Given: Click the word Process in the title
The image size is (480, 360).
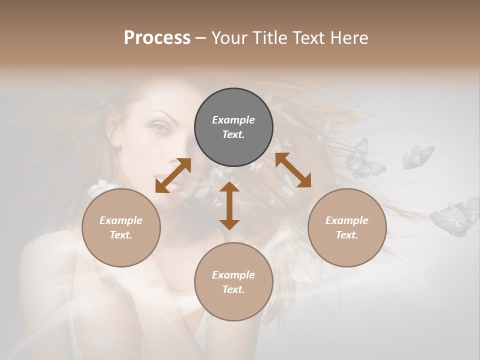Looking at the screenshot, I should [x=157, y=38].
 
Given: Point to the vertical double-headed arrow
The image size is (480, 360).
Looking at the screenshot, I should [x=229, y=205].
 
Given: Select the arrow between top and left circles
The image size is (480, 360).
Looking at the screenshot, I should [x=173, y=175].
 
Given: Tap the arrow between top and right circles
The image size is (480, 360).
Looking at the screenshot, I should [x=293, y=170].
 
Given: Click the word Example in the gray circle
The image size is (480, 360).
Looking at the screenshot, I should [x=233, y=120].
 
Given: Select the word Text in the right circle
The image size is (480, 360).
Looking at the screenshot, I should [x=347, y=235].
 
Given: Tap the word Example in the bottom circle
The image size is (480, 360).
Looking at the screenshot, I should [x=233, y=275].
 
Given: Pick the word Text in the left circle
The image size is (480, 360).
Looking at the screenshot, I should [x=121, y=235].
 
